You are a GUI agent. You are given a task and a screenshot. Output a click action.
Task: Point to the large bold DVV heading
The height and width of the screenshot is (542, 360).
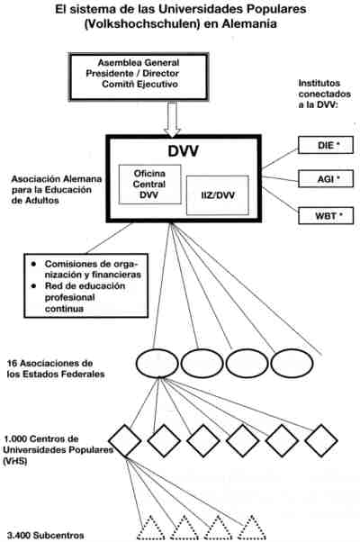[x=183, y=151]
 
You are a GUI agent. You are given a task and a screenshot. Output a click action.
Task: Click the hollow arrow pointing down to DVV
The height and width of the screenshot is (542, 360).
[x=172, y=119]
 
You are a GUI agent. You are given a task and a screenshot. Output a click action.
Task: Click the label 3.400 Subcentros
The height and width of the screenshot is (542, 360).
[x=46, y=536]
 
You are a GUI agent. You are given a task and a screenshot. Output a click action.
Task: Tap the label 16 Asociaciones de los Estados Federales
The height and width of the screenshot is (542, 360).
[x=56, y=368]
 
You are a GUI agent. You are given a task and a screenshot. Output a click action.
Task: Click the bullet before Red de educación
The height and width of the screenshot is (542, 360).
[x=33, y=286]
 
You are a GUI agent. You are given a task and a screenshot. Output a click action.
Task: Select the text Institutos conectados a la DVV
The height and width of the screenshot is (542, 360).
[x=325, y=94]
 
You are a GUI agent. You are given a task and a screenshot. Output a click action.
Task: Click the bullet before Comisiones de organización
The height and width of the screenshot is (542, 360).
[x=33, y=264]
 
